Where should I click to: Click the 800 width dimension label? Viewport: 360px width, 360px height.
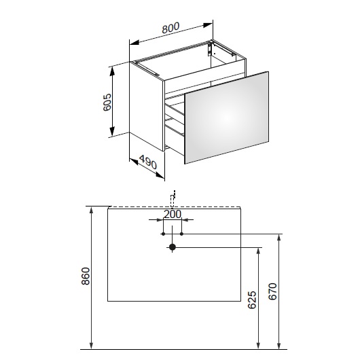pyautogui.click(x=170, y=28)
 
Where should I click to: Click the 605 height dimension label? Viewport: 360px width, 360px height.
pyautogui.click(x=107, y=103)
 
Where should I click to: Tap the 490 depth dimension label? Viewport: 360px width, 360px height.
pyautogui.click(x=148, y=162)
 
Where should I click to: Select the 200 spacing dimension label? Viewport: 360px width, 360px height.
pyautogui.click(x=173, y=215)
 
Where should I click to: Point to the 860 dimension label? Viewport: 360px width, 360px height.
pyautogui.click(x=86, y=276)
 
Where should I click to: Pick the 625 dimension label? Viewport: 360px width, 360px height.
pyautogui.click(x=252, y=300)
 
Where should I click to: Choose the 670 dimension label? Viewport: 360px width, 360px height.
pyautogui.click(x=273, y=291)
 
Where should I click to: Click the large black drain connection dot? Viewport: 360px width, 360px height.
pyautogui.click(x=173, y=247)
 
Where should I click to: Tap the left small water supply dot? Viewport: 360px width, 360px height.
pyautogui.click(x=163, y=234)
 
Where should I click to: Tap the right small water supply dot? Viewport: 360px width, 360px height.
pyautogui.click(x=181, y=234)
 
